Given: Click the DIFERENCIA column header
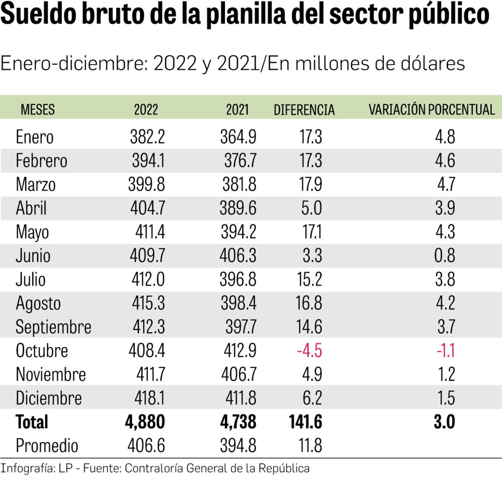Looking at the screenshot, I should tap(304, 110).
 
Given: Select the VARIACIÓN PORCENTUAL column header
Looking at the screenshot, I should tap(431, 110).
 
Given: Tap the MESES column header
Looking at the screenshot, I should tap(38, 110).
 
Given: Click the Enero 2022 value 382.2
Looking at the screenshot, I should tap(147, 137).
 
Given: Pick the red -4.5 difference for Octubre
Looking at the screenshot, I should tap(309, 350).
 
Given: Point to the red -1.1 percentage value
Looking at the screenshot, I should tap(446, 350).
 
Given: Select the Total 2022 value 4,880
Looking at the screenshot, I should tap(145, 422).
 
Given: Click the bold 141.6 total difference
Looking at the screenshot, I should tap(305, 422).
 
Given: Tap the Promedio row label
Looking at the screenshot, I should tap(47, 446).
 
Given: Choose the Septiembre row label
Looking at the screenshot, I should tap(53, 327).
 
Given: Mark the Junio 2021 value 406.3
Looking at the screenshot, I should tap(238, 255).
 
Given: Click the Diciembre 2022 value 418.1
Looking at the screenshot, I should tap(149, 398).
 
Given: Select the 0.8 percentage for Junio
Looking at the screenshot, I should tap(445, 255).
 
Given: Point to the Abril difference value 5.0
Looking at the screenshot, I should tap(311, 208).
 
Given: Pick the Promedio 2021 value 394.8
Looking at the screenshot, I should tap(238, 446).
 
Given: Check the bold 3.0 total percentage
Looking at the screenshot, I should tap(444, 422).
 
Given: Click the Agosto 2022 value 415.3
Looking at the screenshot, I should tap(148, 303).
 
